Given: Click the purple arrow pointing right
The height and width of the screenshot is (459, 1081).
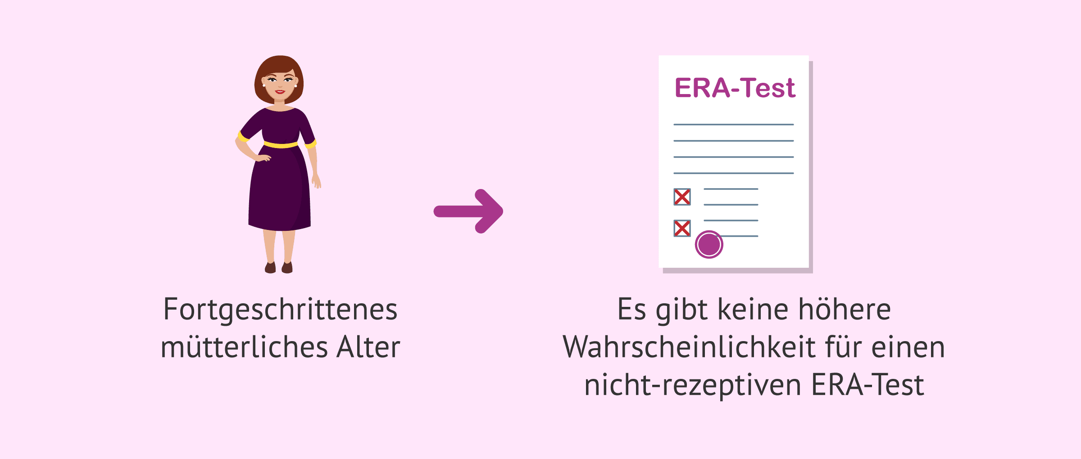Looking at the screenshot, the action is [x=468, y=211].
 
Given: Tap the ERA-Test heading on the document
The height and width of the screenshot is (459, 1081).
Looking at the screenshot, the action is [x=735, y=88].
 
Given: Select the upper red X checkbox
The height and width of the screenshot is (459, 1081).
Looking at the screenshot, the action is [x=682, y=197].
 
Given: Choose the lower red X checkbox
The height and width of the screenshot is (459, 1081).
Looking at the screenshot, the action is [x=682, y=228].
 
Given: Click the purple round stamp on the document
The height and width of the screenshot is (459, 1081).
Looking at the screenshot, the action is [x=709, y=244].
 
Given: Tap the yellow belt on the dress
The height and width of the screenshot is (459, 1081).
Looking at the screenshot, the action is [x=281, y=144].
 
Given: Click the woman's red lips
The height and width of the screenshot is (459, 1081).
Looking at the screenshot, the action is [x=280, y=92].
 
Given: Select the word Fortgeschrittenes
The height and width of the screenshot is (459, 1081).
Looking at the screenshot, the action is [x=280, y=310].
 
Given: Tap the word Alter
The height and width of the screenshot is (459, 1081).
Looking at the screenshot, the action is [x=368, y=347].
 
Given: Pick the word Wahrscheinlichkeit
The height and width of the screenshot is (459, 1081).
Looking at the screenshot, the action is [x=689, y=347].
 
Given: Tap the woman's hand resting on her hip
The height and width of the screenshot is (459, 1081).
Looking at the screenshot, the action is [x=263, y=158].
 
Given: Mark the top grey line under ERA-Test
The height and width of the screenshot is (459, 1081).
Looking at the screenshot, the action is [x=733, y=124].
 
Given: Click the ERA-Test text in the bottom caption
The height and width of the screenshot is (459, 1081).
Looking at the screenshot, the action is [x=868, y=385].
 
